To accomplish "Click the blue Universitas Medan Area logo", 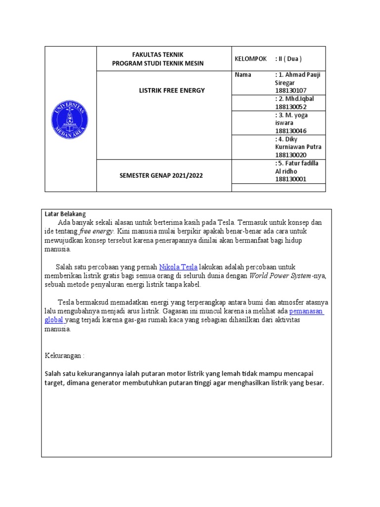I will tap(70, 119).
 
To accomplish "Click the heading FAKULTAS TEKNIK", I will tap(157, 54).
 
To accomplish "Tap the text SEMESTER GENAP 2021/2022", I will tap(164, 175).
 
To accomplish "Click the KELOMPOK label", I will tap(250, 59).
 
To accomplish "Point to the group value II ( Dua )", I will tap(291, 59).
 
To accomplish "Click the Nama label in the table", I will tap(243, 75).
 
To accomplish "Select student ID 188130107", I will tap(290, 91).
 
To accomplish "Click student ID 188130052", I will tap(290, 106).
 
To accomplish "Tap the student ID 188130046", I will tap(290, 131).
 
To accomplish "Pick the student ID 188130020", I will tap(290, 155).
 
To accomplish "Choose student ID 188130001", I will tap(290, 179).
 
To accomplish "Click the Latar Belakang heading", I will tap(65, 214).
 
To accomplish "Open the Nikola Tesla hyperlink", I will tap(178, 267).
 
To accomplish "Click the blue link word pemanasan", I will tap(306, 311).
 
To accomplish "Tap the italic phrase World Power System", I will tap(280, 276).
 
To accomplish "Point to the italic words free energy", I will tap(96, 231).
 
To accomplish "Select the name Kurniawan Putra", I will tap(297, 147).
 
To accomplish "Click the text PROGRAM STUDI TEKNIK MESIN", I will tap(157, 63).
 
